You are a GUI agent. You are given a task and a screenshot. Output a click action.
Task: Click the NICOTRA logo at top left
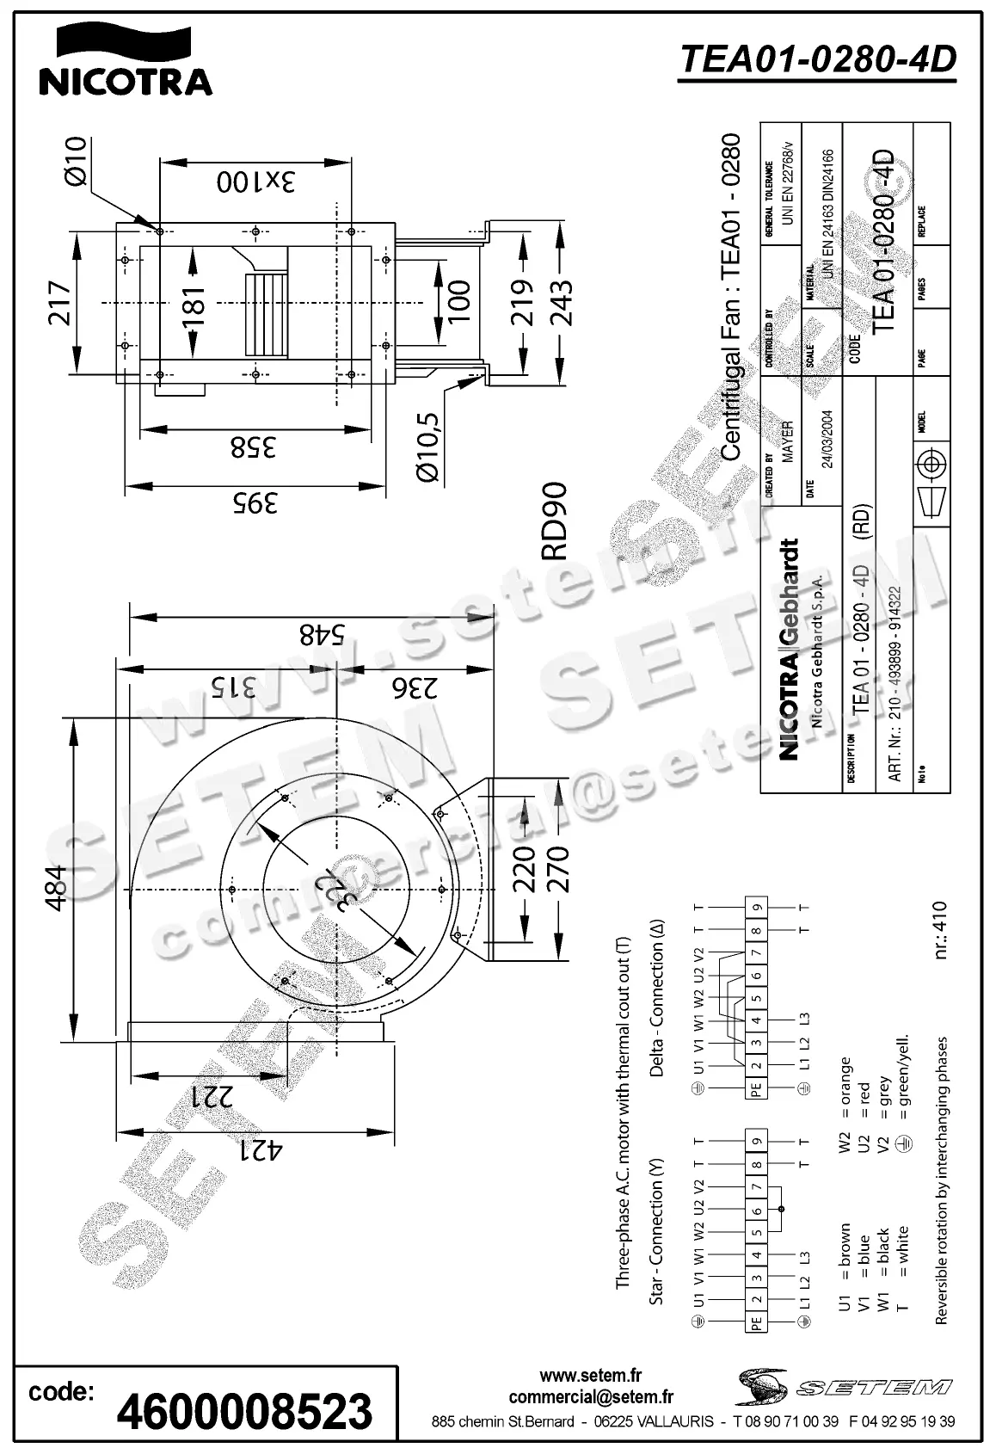tap(126, 61)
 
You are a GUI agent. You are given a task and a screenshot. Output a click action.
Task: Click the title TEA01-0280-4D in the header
tap(817, 59)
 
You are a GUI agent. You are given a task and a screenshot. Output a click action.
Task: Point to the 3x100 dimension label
tap(255, 182)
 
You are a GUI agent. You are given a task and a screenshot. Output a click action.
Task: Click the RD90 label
tap(555, 521)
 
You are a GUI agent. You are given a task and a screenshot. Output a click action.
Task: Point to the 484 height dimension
tap(54, 889)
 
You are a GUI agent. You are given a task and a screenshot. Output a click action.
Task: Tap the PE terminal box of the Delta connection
tap(755, 1088)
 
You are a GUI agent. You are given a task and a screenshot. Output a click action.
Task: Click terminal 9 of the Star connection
tap(755, 1142)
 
